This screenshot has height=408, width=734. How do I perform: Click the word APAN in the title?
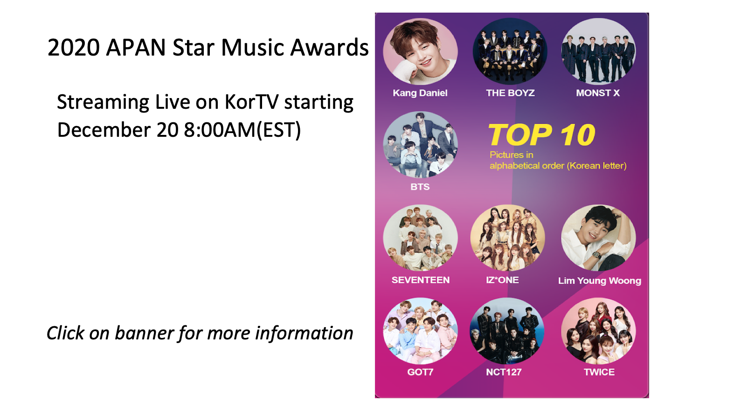(x=136, y=48)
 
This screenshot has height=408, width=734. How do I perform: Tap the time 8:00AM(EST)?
(x=242, y=130)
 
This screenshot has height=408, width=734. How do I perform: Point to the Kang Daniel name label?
(x=420, y=93)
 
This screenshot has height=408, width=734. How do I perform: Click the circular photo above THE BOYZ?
(x=510, y=51)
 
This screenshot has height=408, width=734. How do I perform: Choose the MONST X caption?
(x=598, y=93)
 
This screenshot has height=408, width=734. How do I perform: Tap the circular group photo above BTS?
(x=421, y=145)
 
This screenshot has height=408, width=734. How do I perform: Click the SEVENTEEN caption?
(x=421, y=280)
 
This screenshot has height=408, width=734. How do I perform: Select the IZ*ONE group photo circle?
(x=507, y=238)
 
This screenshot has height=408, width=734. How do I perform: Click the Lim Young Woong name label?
(x=600, y=281)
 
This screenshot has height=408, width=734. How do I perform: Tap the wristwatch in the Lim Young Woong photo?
(x=596, y=255)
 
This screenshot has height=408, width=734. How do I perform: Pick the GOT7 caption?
(x=420, y=372)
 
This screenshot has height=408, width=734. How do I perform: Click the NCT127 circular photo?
(x=507, y=331)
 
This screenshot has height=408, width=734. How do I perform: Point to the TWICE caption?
(x=599, y=372)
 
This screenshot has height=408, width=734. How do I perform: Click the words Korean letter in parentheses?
(x=597, y=166)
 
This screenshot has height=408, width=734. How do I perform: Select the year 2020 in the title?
(x=73, y=48)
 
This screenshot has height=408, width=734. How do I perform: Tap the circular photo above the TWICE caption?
(x=598, y=331)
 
